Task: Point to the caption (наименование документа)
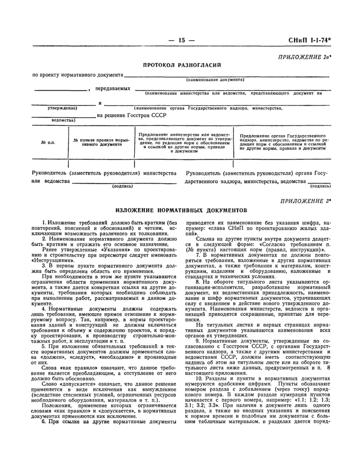point(215,80)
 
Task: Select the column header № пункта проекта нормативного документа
point(101,142)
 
